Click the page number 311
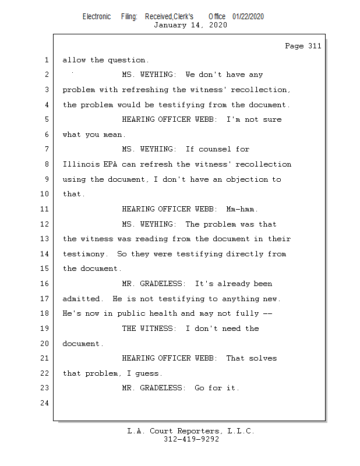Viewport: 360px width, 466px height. point(315,46)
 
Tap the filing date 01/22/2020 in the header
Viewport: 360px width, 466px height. point(248,16)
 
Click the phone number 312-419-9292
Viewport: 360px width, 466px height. point(191,439)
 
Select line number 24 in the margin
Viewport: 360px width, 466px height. point(45,403)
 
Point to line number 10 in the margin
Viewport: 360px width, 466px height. point(45,194)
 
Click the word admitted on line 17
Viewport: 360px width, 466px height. point(81,299)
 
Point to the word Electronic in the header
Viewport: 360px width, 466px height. point(97,16)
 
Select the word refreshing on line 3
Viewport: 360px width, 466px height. point(145,90)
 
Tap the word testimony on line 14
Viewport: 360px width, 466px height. point(83,254)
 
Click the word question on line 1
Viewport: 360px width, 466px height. point(126,60)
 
